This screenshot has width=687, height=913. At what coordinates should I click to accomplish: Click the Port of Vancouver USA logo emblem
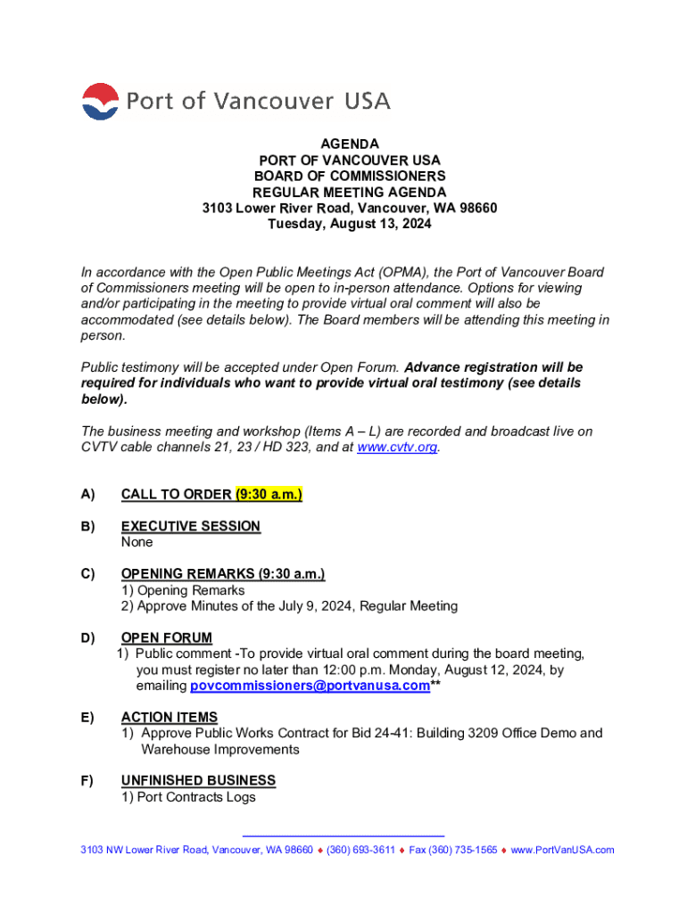100,102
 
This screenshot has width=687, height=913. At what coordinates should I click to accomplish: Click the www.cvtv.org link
397,448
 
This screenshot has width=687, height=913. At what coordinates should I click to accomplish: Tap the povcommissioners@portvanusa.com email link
310,686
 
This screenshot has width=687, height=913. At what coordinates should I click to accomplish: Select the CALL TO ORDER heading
177,494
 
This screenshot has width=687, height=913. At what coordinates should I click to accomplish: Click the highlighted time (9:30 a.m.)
269,494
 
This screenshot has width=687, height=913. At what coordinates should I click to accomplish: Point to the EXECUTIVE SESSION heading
191,526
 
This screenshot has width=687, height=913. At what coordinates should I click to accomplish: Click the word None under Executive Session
137,542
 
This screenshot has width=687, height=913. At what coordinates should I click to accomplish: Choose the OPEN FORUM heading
167,637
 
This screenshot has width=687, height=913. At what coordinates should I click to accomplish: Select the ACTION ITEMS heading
170,717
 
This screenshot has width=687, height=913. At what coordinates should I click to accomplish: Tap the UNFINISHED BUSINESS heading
198,780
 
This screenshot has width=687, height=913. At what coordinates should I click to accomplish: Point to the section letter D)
88,637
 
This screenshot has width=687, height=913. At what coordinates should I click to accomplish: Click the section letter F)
87,780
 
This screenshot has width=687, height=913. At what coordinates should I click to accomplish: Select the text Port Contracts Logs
196,797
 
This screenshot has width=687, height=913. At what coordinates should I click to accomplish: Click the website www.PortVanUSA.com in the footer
562,850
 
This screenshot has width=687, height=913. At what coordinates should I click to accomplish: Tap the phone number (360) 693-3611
360,850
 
